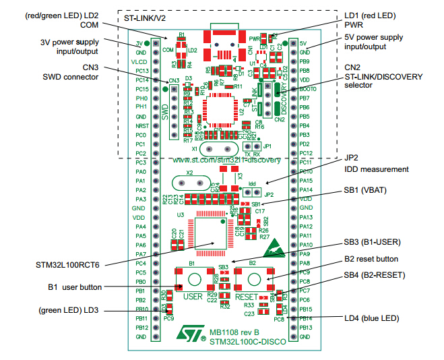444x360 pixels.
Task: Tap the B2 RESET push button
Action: [253, 279]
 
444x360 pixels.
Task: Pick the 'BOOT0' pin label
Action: [308, 89]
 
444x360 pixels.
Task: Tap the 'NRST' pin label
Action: [141, 125]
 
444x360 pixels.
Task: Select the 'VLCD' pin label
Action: [141, 61]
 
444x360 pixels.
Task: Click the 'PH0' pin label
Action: [141, 98]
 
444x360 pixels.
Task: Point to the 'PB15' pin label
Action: [307, 309]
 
